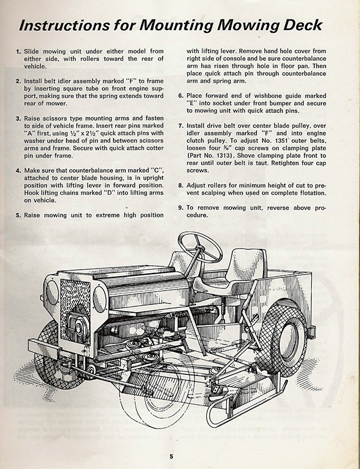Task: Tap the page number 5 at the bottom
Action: coord(171,457)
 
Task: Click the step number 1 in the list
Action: coord(18,51)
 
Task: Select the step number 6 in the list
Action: coord(181,96)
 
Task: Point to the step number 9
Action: coord(181,208)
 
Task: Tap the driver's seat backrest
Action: coord(250,265)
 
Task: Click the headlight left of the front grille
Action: coord(52,292)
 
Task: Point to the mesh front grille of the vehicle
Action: coord(75,311)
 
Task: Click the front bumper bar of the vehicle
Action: coord(44,349)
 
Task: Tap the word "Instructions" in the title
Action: coord(64,25)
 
